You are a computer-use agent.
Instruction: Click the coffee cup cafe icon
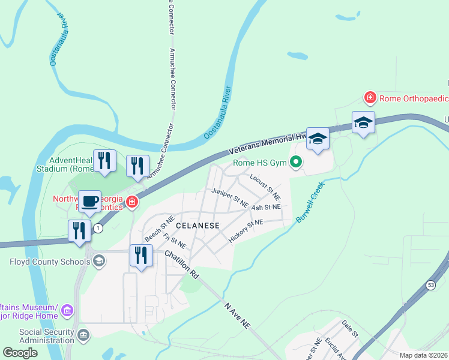[90, 202]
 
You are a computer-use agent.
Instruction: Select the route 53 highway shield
[431, 286]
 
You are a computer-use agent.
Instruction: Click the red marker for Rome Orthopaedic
[370, 97]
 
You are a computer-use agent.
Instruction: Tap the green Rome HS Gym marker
[295, 162]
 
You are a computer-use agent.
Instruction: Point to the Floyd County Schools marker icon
[98, 261]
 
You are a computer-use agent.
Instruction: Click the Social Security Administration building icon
[83, 334]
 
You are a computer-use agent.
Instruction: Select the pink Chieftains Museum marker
[67, 311]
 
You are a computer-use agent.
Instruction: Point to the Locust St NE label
[265, 187]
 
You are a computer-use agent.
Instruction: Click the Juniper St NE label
[229, 197]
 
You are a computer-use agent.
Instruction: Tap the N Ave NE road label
[237, 315]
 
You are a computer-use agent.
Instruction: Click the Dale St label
[349, 329]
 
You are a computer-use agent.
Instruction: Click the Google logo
[20, 353]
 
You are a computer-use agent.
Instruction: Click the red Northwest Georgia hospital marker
[131, 203]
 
